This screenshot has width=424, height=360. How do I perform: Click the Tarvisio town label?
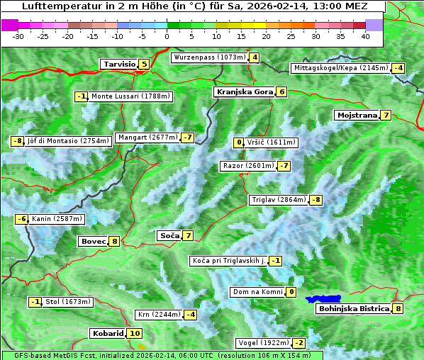point(118,64)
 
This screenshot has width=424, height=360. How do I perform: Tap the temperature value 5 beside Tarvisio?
point(144,64)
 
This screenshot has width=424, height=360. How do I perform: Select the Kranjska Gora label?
point(244,92)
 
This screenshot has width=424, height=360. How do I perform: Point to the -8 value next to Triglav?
point(316,201)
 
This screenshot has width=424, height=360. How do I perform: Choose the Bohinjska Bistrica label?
point(353,309)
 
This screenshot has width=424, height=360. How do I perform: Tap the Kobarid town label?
point(108,334)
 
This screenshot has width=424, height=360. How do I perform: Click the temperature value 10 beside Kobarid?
point(135,334)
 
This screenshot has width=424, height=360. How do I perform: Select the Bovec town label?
point(93,242)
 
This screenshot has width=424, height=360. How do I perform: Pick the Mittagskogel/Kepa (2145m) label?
point(341,68)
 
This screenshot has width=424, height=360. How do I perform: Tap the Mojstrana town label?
point(357,116)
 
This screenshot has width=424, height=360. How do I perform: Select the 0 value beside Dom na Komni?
point(291,292)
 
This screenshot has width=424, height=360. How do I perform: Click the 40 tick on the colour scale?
point(366,35)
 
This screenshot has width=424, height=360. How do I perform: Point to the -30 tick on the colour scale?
point(18,35)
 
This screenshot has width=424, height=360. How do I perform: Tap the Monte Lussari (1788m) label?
point(130,96)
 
